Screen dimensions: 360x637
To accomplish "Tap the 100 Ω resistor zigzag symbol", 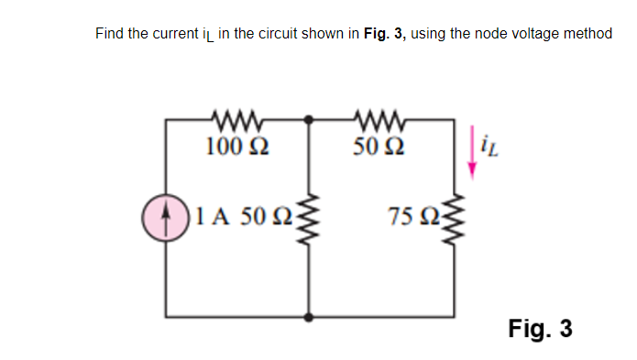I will coord(237,118).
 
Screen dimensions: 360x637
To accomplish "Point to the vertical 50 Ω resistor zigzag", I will coord(309,219).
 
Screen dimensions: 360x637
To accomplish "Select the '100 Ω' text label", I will coord(237,145).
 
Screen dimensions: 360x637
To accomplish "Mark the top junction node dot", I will coord(309,118).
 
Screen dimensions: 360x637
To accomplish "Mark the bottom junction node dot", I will coord(309,318).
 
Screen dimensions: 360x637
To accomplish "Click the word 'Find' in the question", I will coord(111,34).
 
